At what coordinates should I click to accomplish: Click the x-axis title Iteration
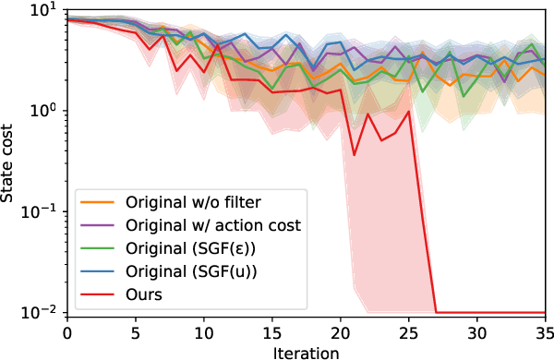tap(307, 352)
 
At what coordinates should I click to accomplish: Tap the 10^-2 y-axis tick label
tap(42, 313)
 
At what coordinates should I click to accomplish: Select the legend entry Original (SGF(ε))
tap(176, 248)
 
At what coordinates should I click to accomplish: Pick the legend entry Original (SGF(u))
tap(176, 272)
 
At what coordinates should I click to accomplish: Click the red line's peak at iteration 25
tap(408, 112)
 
